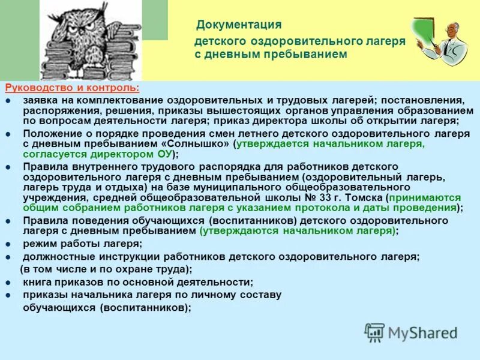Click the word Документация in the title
[x=238, y=25]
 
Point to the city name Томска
[x=360, y=197]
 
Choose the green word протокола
[x=340, y=208]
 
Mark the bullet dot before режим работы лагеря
[x=8, y=244]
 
